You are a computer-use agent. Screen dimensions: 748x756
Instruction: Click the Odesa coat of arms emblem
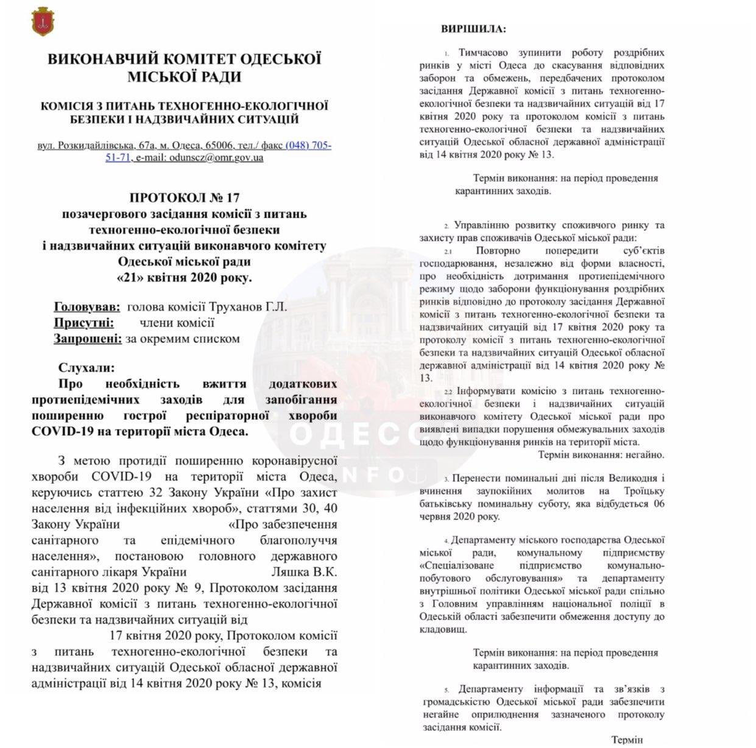pyautogui.click(x=42, y=21)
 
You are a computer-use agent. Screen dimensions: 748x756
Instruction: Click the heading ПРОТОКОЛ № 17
pyautogui.click(x=185, y=197)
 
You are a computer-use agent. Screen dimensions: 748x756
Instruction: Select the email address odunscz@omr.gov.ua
pyautogui.click(x=216, y=157)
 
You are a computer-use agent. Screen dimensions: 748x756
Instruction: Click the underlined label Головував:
pyautogui.click(x=87, y=307)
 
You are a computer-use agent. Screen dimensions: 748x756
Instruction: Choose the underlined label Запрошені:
pyautogui.click(x=88, y=339)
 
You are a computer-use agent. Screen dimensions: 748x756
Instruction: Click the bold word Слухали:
pyautogui.click(x=86, y=368)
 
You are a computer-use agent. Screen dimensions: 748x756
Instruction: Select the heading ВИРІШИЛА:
pyautogui.click(x=473, y=29)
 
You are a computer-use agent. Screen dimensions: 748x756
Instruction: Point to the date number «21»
pyautogui.click(x=129, y=278)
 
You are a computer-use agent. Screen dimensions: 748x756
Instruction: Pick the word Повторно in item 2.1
pyautogui.click(x=498, y=250)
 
